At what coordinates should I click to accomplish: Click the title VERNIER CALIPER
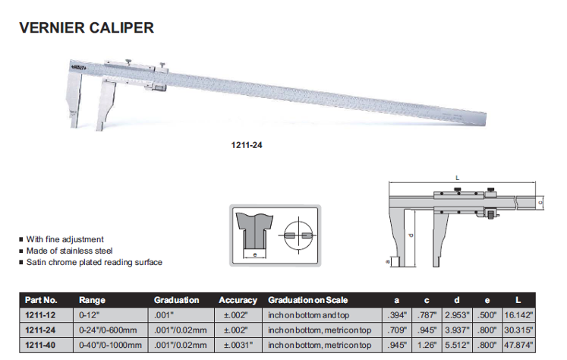86,28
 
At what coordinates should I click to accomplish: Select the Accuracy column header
238,300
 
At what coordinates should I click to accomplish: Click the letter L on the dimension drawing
458,177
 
